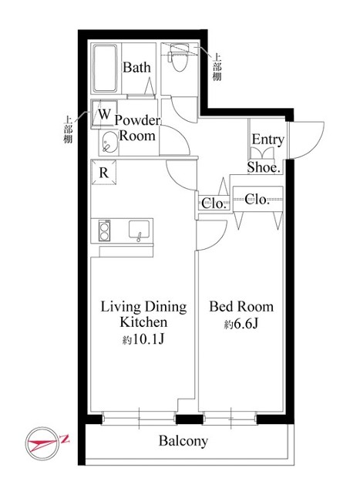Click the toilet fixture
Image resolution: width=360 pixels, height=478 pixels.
[180, 57]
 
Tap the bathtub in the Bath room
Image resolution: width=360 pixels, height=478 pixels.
[105, 69]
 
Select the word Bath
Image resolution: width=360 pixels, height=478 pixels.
[136, 67]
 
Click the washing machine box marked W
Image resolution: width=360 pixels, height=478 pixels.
[104, 113]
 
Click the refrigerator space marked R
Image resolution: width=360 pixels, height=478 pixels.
[103, 173]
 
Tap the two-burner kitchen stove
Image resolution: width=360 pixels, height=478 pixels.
[104, 231]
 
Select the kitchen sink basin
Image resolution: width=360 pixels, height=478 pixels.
[139, 230]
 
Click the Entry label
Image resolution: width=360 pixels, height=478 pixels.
[267, 140]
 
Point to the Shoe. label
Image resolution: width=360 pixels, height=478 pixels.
[264, 167]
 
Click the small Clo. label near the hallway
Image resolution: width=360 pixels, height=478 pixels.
[214, 204]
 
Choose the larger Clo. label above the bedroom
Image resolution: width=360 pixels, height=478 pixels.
[257, 200]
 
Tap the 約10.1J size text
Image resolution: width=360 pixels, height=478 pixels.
[143, 339]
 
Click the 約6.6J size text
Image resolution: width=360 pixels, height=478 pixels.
[241, 325]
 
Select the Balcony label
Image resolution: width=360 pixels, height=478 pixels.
[183, 441]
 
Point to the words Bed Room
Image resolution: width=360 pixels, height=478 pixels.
[241, 307]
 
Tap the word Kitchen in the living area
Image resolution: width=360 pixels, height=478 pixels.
[143, 322]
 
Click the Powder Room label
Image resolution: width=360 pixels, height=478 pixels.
[137, 128]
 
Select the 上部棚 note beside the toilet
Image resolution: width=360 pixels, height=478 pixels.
[217, 67]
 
